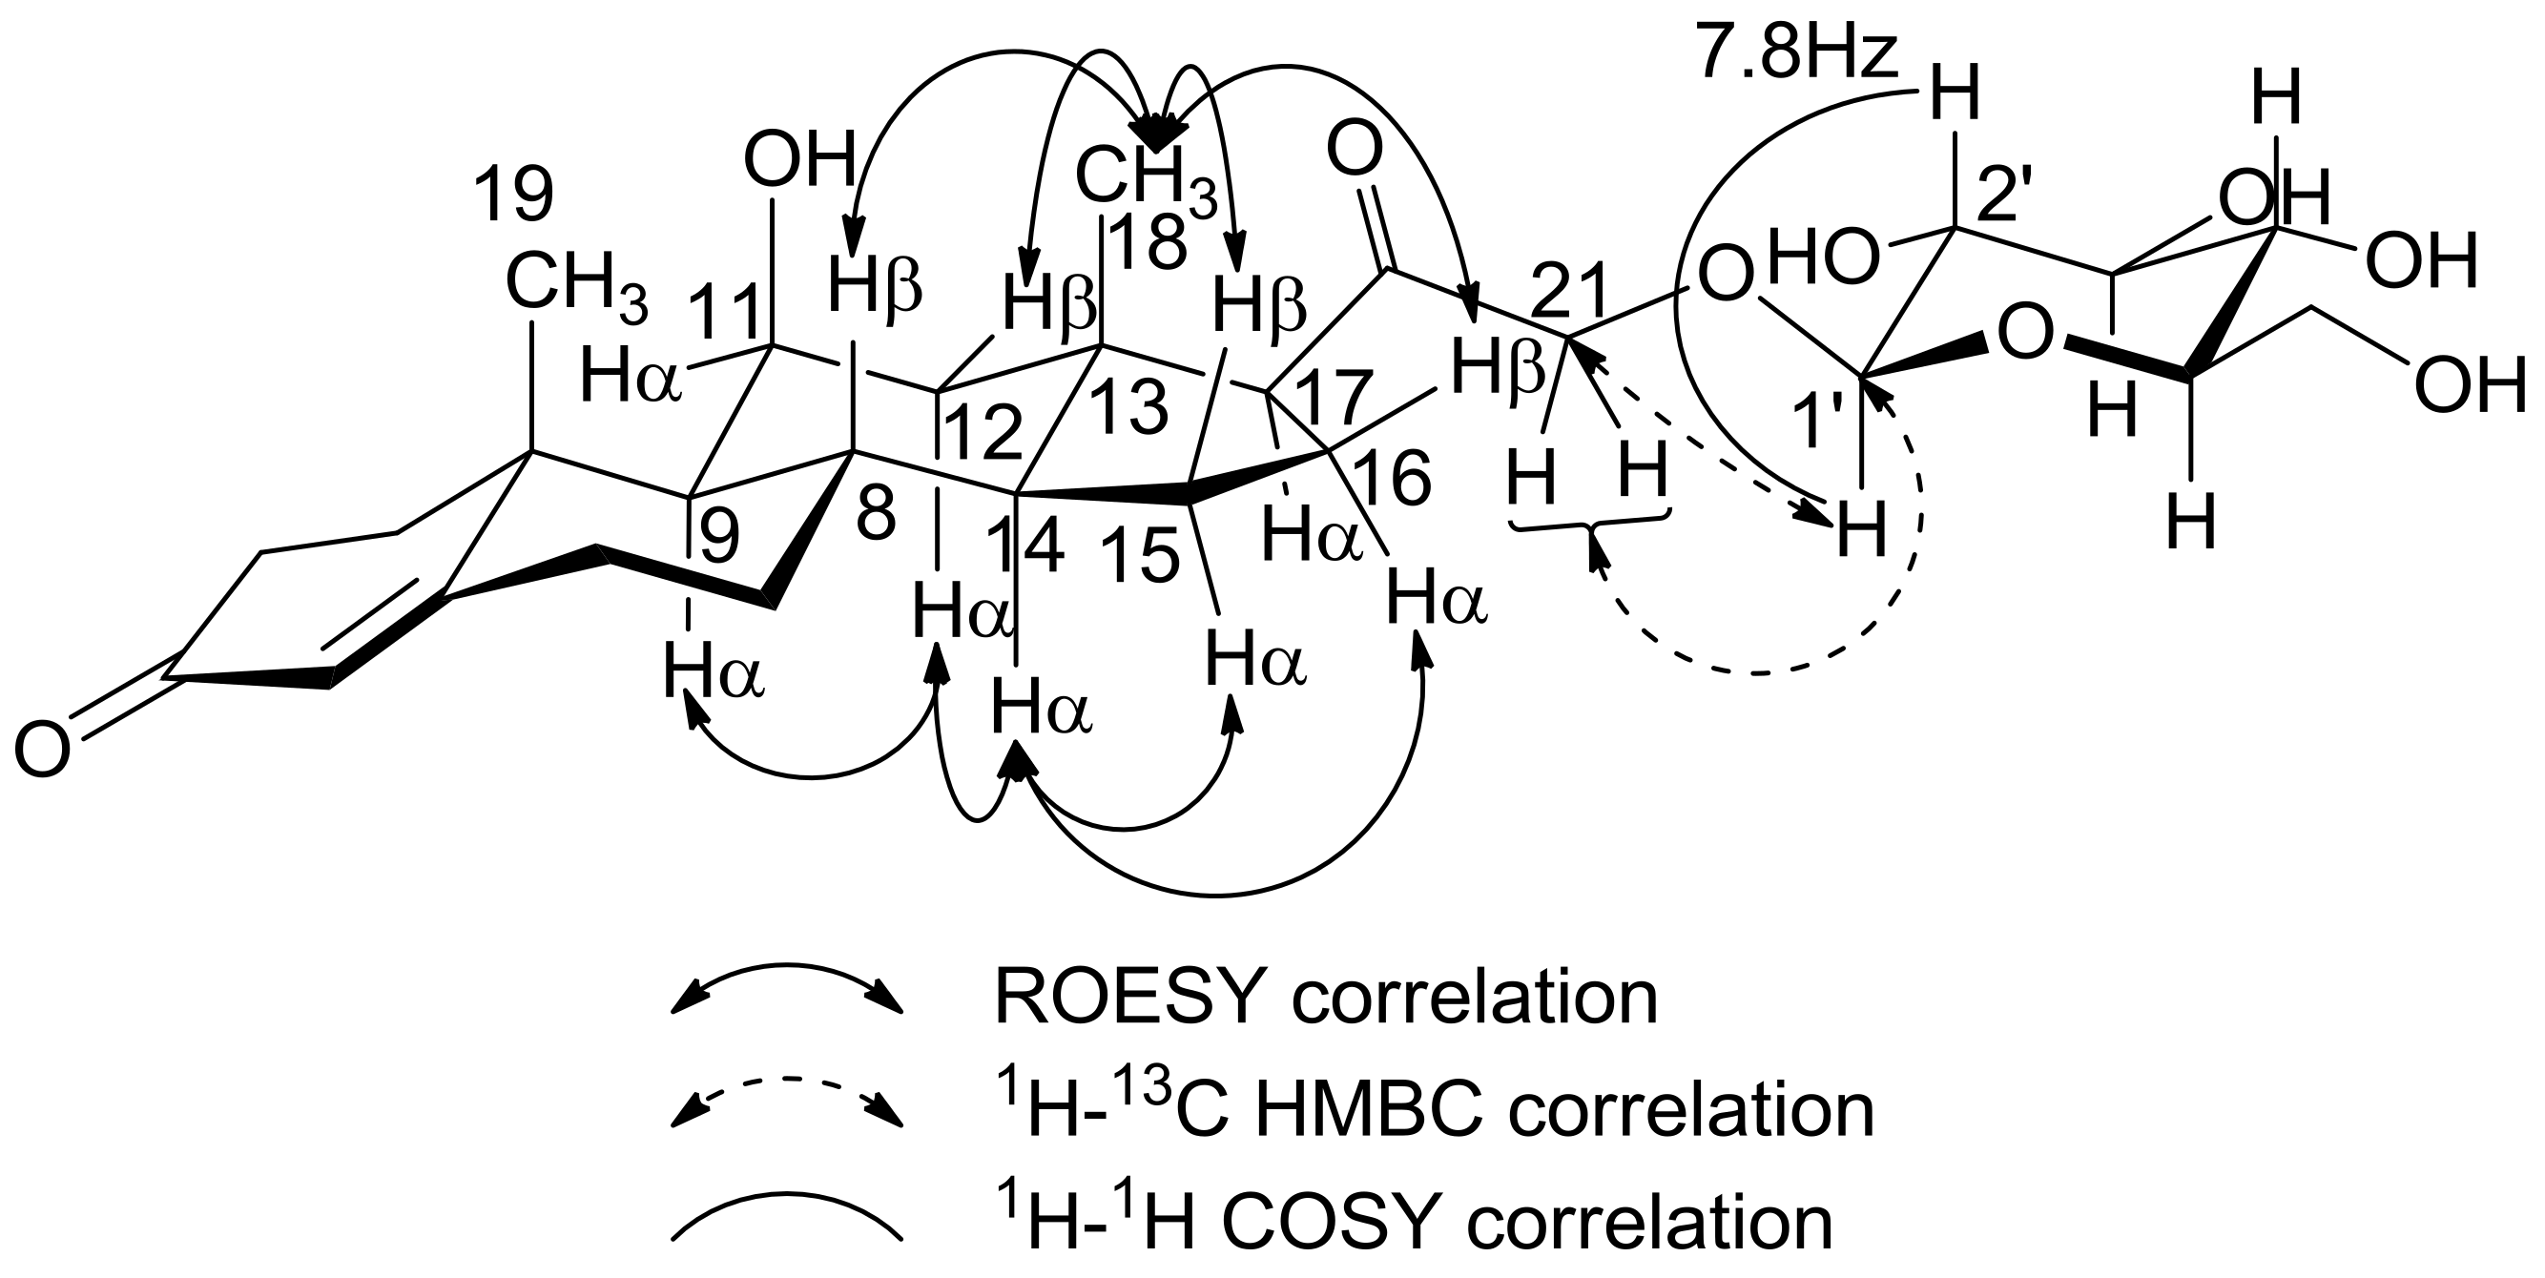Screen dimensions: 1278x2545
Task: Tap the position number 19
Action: [513, 195]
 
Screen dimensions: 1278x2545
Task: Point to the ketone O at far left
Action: [43, 748]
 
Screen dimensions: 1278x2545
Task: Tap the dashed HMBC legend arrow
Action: [786, 1101]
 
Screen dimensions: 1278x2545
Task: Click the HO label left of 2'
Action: [1823, 259]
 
